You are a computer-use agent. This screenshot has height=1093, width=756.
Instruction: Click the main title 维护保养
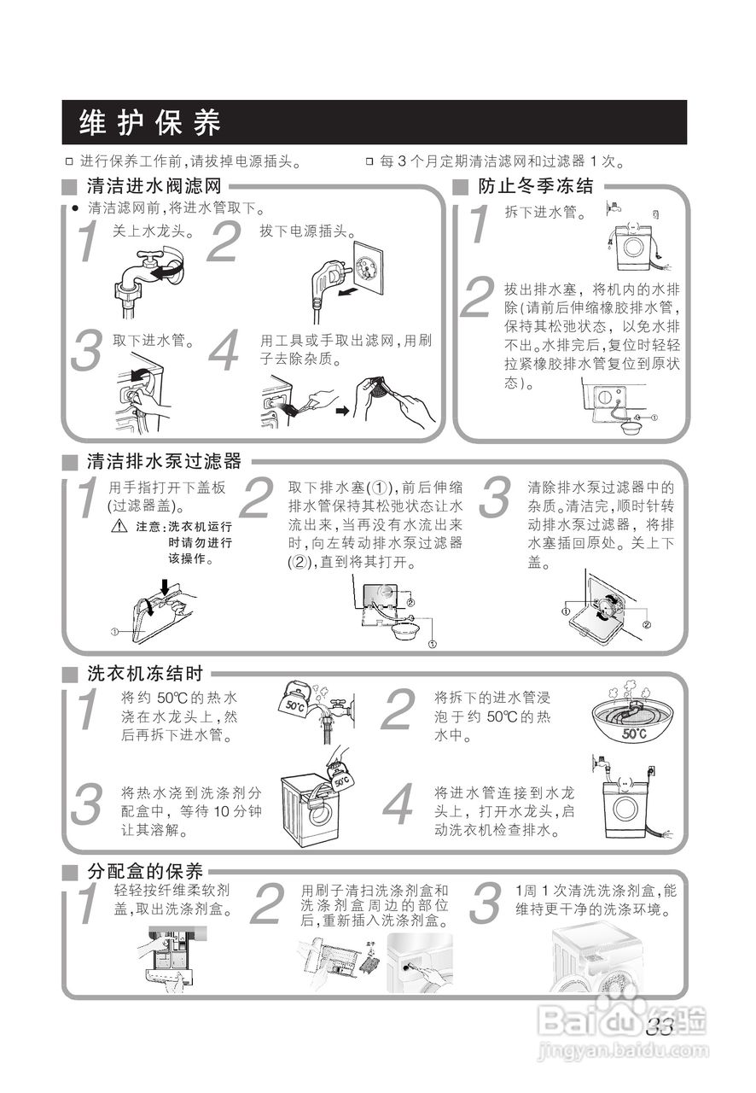pos(150,123)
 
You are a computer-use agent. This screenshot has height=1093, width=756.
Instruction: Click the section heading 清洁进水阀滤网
pos(154,186)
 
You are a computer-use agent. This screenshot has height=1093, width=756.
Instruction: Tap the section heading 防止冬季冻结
pos(535,186)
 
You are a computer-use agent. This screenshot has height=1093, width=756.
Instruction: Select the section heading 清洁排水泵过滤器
pos(164,462)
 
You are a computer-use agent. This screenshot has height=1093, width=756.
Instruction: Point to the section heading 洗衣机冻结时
pos(145,673)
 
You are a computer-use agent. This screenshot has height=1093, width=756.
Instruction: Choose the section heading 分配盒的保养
pos(145,872)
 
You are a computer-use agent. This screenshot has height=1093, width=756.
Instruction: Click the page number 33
pos(660,1027)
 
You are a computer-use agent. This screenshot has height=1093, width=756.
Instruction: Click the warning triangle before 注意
pos(119,527)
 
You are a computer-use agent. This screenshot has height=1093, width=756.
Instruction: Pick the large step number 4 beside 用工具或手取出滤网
pos(224,353)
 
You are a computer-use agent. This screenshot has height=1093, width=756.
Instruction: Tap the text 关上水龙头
pos(154,231)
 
